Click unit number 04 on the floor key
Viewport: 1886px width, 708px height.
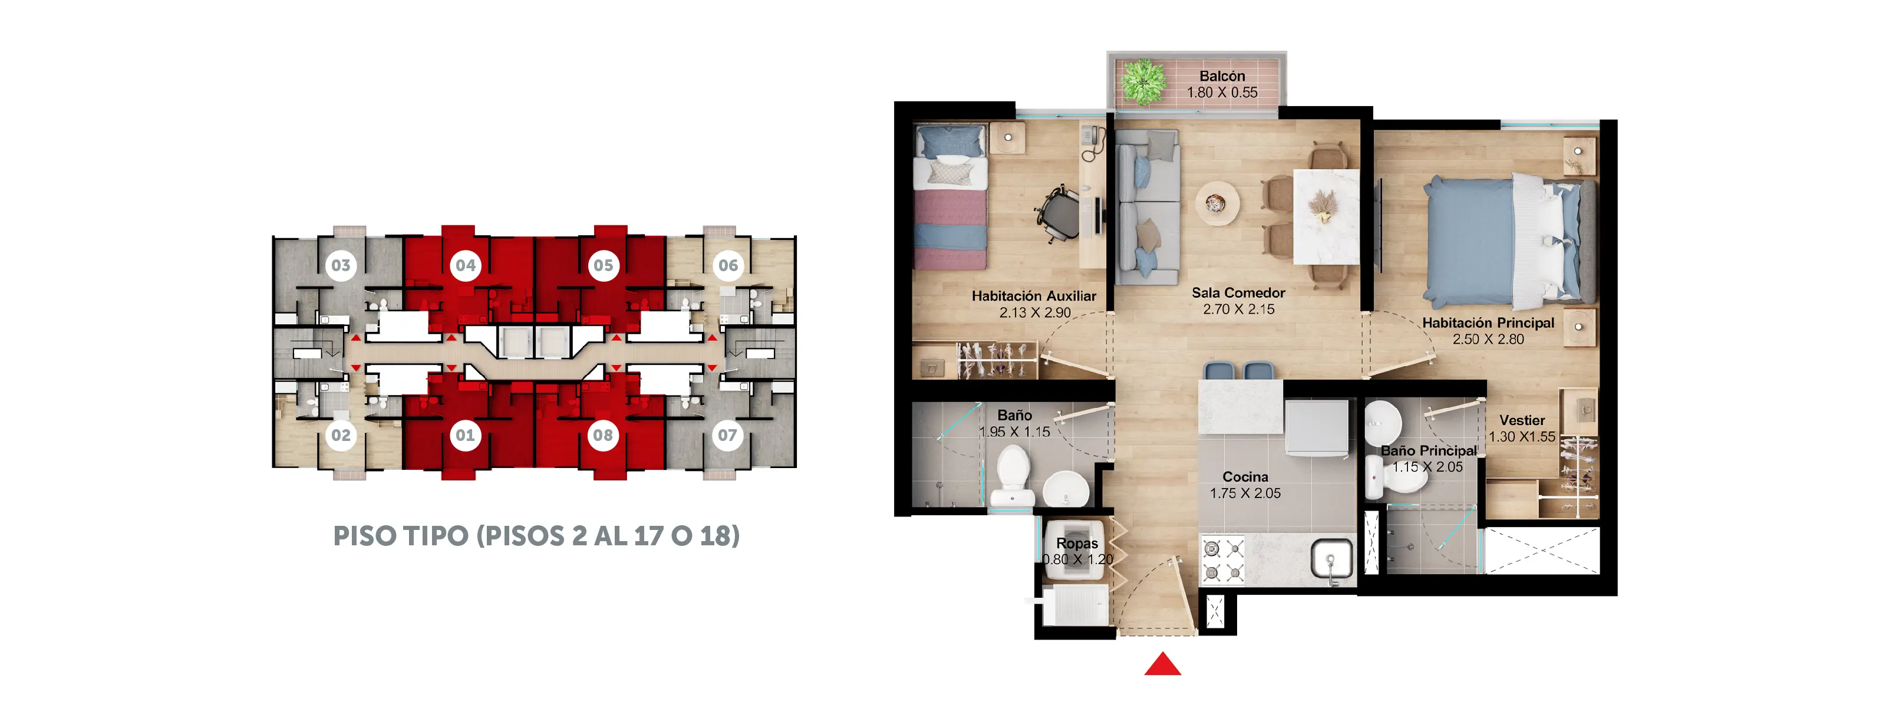pyautogui.click(x=466, y=265)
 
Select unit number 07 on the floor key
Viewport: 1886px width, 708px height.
pyautogui.click(x=727, y=436)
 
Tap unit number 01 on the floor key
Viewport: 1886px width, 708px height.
pyautogui.click(x=466, y=436)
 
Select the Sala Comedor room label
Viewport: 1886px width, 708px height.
pyautogui.click(x=1238, y=293)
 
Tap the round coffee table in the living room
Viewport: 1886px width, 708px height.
pyautogui.click(x=1218, y=202)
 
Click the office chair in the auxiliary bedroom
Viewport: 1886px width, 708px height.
pyautogui.click(x=1059, y=215)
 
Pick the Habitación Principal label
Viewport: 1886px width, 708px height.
pyautogui.click(x=1488, y=323)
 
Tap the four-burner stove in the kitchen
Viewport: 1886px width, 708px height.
pyautogui.click(x=1223, y=560)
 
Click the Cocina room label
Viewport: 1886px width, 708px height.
pyautogui.click(x=1245, y=478)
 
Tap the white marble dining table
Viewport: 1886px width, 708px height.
pyautogui.click(x=1327, y=217)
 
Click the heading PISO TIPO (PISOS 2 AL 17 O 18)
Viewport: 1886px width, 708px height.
pyautogui.click(x=537, y=536)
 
